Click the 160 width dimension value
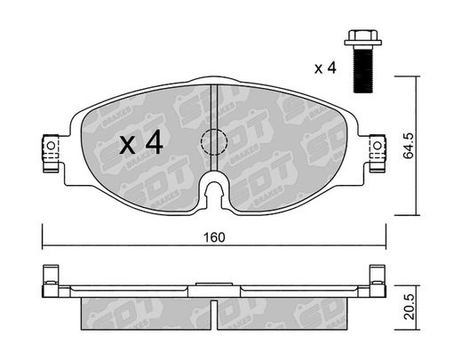click(x=214, y=237)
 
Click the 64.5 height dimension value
click(x=410, y=146)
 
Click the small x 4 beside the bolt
click(x=325, y=68)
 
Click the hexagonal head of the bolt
click(x=362, y=37)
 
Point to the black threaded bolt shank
click(x=363, y=69)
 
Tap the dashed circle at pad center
click(x=214, y=142)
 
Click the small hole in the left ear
click(x=51, y=146)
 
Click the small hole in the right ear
click(x=377, y=146)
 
